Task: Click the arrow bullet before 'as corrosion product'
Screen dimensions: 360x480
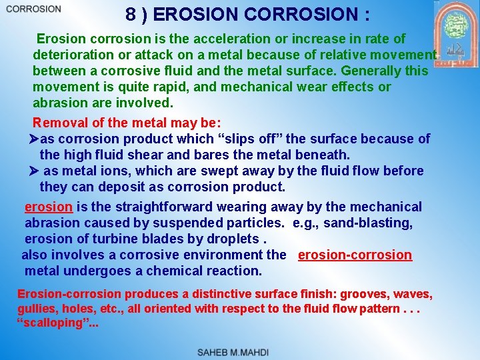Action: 36,139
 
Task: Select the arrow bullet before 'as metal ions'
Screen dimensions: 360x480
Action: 37,171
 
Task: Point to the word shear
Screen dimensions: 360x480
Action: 154,155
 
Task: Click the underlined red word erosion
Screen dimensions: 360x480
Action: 48,207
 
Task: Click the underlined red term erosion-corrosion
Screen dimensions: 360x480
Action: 355,255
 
